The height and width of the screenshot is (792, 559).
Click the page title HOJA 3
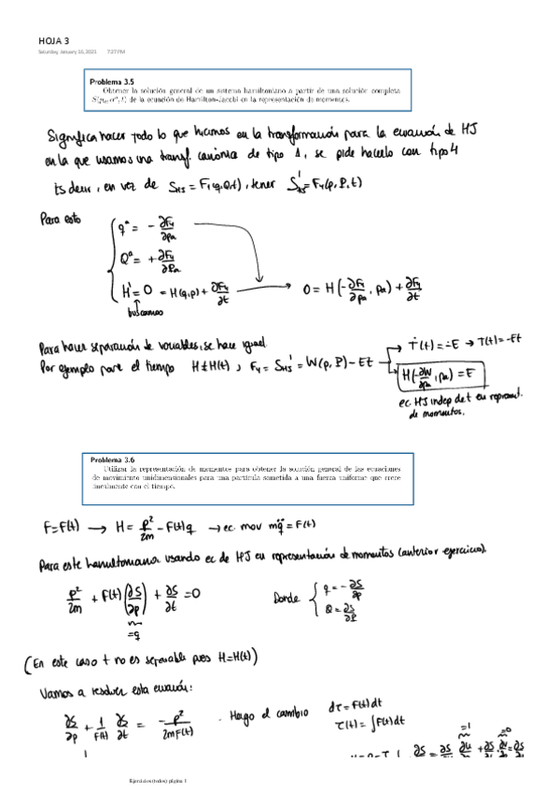click(x=54, y=40)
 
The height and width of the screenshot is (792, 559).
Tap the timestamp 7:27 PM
click(x=117, y=51)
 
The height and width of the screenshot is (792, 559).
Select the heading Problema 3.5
click(x=113, y=82)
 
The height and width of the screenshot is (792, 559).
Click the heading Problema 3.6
click(x=114, y=460)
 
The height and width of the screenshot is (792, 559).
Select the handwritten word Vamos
click(x=59, y=695)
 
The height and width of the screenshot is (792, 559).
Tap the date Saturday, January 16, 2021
click(x=66, y=51)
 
